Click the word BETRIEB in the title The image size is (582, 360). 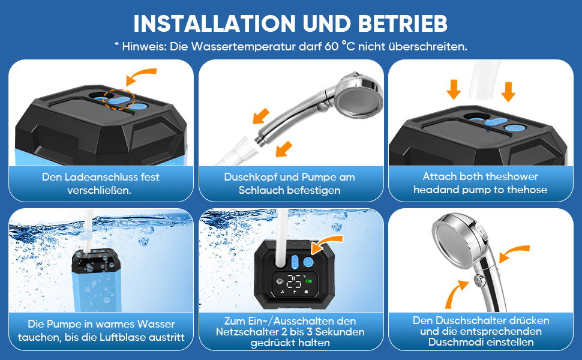pyautogui.click(x=403, y=24)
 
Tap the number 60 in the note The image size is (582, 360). pyautogui.click(x=331, y=46)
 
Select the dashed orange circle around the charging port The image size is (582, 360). pyautogui.click(x=119, y=99)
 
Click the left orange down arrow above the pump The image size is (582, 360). pyautogui.click(x=454, y=89)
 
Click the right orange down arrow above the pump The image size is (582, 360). pyautogui.click(x=508, y=91)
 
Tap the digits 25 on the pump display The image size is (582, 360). pyautogui.click(x=293, y=281)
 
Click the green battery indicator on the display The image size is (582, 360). pyautogui.click(x=309, y=281)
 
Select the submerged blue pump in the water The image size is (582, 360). pyautogui.click(x=97, y=280)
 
